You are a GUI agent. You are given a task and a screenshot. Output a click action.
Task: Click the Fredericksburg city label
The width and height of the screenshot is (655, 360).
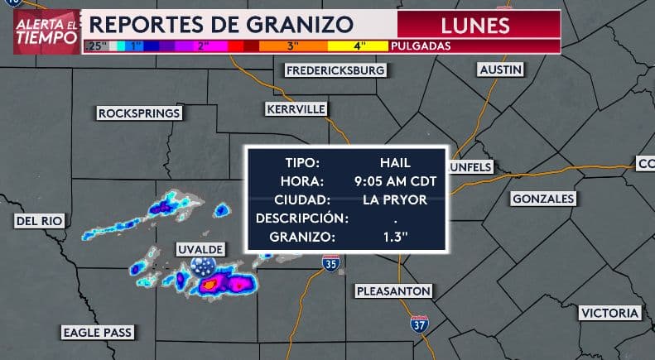335,70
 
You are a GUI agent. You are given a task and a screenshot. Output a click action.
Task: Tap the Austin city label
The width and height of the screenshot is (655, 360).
500,70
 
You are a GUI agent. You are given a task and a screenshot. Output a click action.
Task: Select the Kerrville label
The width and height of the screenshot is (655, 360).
296,109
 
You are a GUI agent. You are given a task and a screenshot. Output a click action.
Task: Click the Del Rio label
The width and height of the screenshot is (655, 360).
39,221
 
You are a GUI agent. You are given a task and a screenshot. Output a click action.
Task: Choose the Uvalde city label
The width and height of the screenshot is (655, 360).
200,249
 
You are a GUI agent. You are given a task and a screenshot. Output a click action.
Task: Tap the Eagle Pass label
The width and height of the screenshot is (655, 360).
97,333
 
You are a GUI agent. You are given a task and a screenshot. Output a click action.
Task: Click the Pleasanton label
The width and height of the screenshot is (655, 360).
393,291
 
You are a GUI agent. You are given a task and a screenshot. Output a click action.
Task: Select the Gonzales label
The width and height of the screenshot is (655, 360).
542,199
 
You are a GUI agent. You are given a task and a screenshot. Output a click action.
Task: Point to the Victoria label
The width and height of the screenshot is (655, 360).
609,313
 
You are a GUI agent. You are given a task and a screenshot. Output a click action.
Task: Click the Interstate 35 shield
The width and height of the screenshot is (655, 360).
330,264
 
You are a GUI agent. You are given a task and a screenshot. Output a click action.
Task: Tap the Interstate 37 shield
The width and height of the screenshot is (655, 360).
420,323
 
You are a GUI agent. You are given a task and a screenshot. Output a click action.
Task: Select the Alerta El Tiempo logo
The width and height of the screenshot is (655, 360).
47,31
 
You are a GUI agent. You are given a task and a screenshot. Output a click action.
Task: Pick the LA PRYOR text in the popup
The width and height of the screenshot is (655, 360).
394,199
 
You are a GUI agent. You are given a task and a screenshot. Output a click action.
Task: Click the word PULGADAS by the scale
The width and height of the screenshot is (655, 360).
423,46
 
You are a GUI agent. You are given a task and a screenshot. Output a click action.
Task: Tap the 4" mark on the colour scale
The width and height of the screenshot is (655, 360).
360,46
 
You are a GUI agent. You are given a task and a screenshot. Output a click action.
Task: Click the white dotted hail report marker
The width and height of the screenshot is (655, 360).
201,266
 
